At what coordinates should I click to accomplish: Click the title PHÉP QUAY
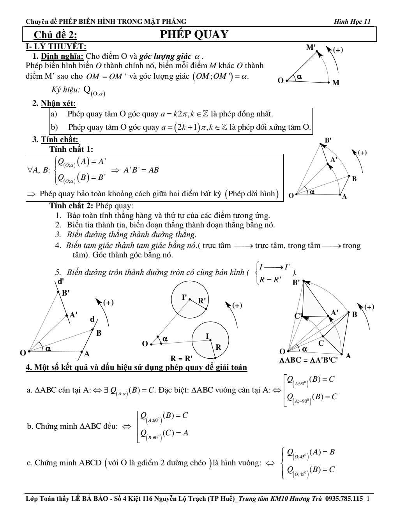tap(194, 34)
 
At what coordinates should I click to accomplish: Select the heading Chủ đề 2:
tap(55, 35)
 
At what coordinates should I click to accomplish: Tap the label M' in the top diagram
tap(311, 48)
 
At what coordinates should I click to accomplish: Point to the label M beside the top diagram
tap(336, 83)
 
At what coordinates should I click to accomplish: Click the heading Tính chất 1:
tap(71, 149)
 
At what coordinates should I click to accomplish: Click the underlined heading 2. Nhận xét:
tap(54, 104)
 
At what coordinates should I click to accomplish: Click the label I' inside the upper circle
tap(185, 297)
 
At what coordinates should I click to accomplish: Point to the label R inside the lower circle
tap(218, 347)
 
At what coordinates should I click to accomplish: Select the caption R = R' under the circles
tap(182, 358)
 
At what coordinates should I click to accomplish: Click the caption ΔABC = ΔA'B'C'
tap(308, 360)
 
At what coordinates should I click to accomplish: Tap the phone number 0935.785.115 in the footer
tap(344, 498)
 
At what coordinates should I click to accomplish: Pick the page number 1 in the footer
tap(368, 498)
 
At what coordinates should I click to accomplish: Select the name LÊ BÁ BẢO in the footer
tap(90, 498)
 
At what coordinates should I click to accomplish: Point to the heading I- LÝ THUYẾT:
tap(56, 46)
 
